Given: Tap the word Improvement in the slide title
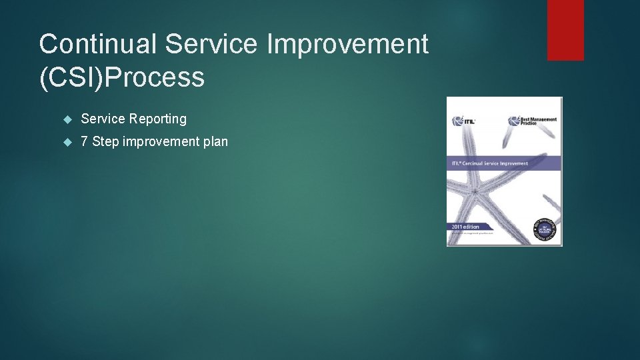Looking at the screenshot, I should coord(347,45).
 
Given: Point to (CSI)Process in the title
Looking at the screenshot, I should coord(121,77).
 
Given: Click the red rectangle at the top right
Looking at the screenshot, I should coord(565,30).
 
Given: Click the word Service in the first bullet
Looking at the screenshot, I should coord(103,119).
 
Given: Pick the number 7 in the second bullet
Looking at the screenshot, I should coord(85,142).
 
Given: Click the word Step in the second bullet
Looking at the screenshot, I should coord(106,142).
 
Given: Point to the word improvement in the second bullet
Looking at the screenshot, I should coord(162,142).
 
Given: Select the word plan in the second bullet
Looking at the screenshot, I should coord(216,142).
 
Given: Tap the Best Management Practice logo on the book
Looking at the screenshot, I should coord(533,121).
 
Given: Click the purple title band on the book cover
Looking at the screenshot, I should coord(504,163).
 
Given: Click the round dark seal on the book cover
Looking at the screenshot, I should coord(547,229).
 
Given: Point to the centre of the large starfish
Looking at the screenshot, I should coord(475,191).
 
